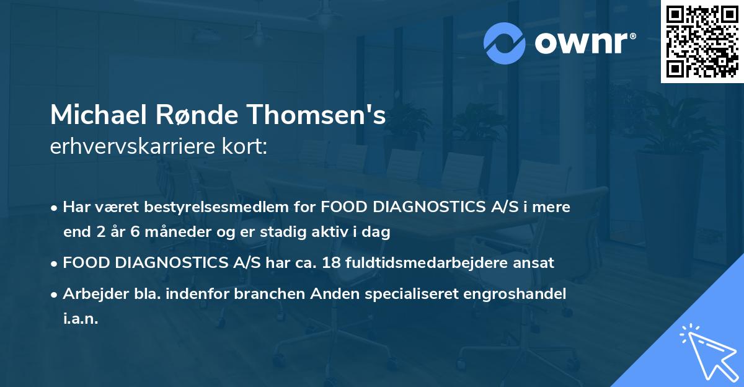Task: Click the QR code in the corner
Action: point(702,42)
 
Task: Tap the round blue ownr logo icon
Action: point(505,43)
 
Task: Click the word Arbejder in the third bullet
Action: point(91,294)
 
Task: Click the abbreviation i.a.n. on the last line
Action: point(81,319)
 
